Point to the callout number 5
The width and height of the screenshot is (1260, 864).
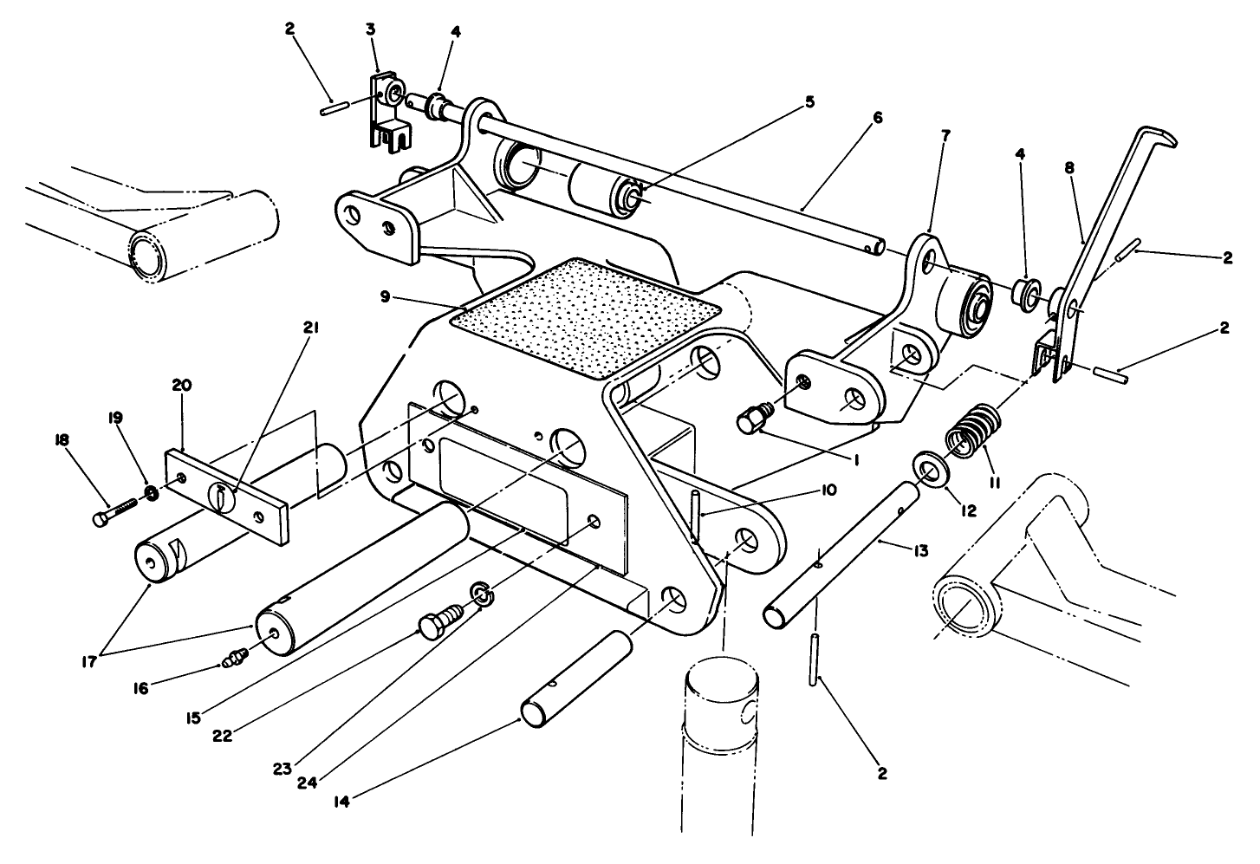[x=809, y=101]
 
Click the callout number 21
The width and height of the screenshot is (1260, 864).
[x=309, y=327]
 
